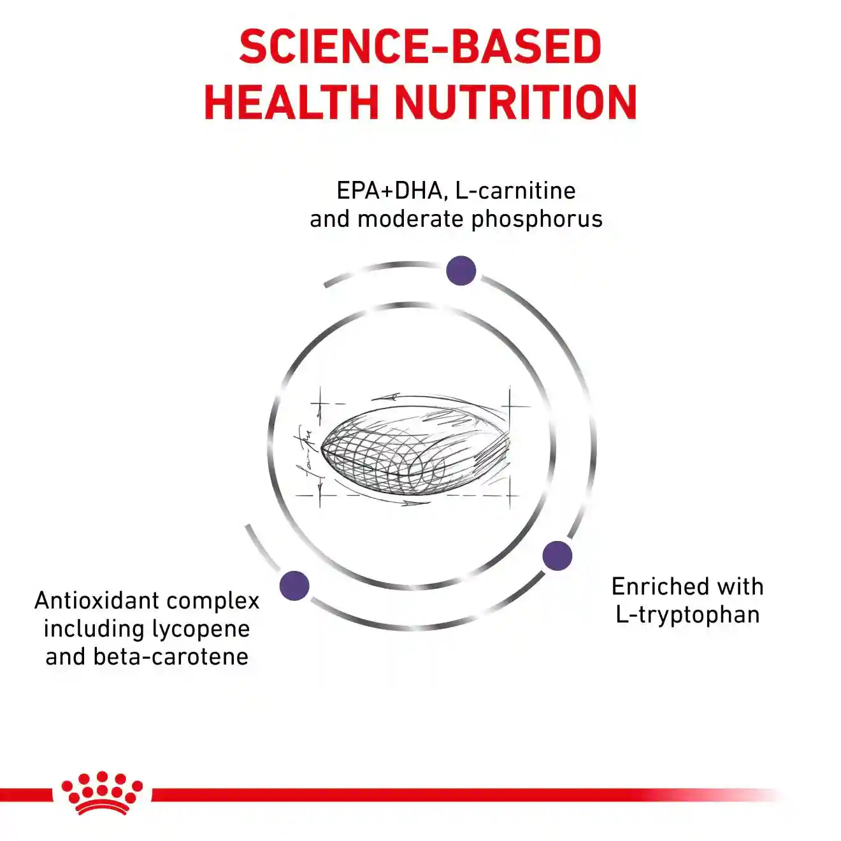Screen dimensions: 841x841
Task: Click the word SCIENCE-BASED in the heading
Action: [x=420, y=47]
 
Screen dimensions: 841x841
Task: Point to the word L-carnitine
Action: [x=515, y=190]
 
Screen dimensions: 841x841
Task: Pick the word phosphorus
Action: [x=537, y=220]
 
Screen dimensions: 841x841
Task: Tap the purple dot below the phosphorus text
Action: [x=461, y=271]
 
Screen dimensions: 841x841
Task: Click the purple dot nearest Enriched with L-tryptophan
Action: [x=557, y=556]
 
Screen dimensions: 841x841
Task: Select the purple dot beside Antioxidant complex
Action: [x=294, y=586]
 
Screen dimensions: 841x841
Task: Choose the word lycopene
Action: [x=201, y=629]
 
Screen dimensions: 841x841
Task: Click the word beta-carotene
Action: [x=171, y=657]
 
